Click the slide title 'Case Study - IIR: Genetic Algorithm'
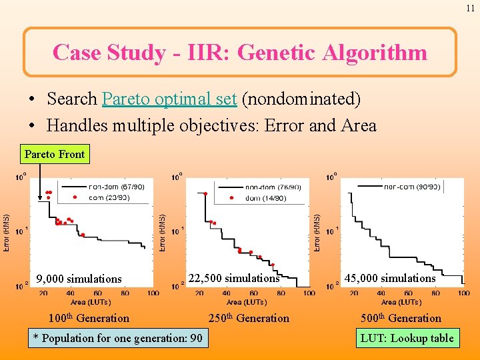[240, 52]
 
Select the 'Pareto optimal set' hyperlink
[169, 99]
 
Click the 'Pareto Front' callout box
[55, 154]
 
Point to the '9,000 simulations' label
[79, 279]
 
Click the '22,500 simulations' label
[233, 278]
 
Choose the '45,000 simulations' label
[389, 278]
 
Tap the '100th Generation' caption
[89, 318]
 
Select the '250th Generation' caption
[249, 318]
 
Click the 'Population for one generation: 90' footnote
[117, 338]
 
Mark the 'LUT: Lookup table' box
[407, 338]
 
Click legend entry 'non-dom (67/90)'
[116, 187]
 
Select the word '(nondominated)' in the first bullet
[301, 99]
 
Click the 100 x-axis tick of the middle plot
[309, 293]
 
